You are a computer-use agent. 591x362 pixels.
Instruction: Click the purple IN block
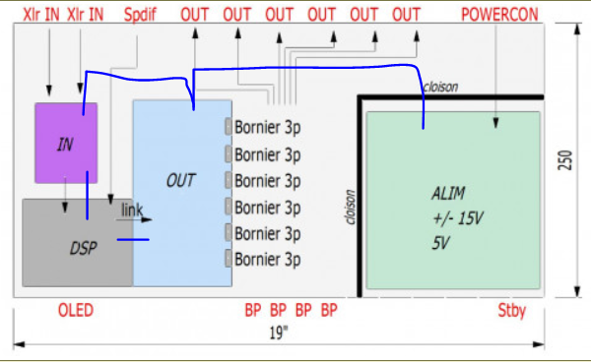tap(66, 143)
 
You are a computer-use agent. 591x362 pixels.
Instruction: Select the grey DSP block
tap(77, 243)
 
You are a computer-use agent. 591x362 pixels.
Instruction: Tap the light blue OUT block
tap(182, 194)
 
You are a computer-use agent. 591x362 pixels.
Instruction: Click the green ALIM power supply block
tap(453, 201)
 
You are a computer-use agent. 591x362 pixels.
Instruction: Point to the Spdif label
tap(140, 15)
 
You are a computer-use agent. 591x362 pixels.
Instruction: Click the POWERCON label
tap(499, 15)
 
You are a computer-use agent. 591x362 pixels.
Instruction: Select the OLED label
tap(76, 311)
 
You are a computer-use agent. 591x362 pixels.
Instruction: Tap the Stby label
tap(511, 311)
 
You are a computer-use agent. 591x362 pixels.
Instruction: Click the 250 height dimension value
tap(565, 160)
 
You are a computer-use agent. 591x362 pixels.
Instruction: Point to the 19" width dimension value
tap(279, 333)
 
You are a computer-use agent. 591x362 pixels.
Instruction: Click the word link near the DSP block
tap(132, 210)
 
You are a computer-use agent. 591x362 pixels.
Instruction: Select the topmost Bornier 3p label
tap(267, 128)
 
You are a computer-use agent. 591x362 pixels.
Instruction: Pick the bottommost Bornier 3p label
tap(267, 260)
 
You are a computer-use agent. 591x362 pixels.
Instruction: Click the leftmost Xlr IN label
tap(41, 15)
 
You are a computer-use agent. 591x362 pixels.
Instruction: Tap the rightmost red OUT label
tap(406, 15)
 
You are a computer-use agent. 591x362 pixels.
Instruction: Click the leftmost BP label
tap(253, 311)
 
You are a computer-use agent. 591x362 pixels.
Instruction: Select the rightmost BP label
tap(329, 311)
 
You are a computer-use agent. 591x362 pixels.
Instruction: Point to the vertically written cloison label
tap(351, 207)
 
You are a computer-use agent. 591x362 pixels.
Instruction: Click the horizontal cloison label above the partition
tap(440, 87)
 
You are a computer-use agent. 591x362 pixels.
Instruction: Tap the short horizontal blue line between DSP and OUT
tap(133, 239)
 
